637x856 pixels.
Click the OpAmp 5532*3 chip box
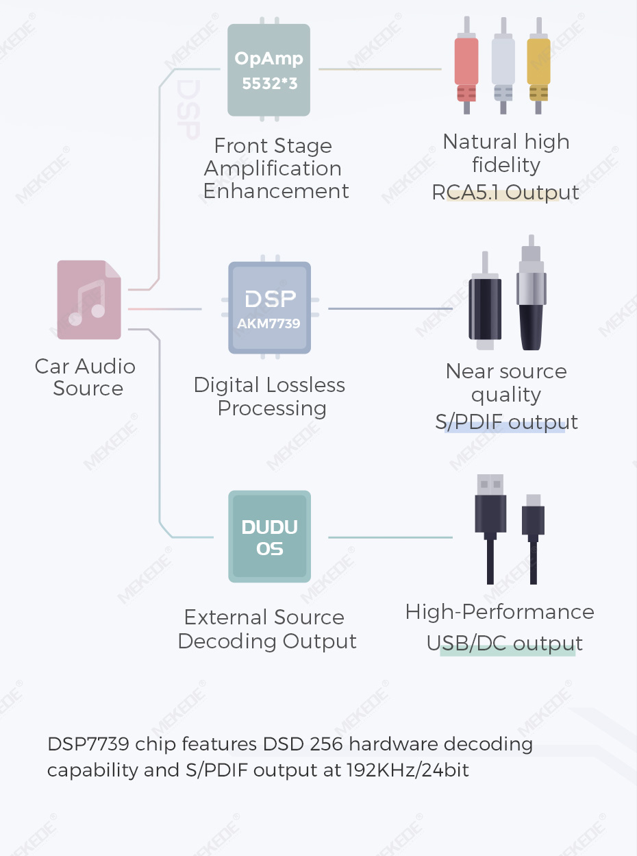tap(268, 69)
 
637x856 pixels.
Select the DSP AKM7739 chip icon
tap(269, 308)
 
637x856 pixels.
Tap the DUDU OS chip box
tap(269, 537)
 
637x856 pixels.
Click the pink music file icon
tap(89, 300)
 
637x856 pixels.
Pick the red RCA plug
tap(466, 69)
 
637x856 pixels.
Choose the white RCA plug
tap(503, 69)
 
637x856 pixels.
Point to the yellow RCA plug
tap(538, 69)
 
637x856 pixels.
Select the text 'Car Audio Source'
tap(86, 377)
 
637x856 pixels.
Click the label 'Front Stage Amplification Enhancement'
tap(276, 168)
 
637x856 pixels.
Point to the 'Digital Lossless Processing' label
tap(270, 396)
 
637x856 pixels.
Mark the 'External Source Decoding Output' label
tap(267, 629)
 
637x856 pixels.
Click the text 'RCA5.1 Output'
tap(505, 193)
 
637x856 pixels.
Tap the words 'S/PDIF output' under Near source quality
tap(506, 421)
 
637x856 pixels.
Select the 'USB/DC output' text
tap(505, 644)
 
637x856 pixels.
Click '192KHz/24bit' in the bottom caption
tap(408, 770)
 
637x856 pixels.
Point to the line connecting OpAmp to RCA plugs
tap(380, 69)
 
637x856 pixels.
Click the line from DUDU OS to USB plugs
tap(390, 537)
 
